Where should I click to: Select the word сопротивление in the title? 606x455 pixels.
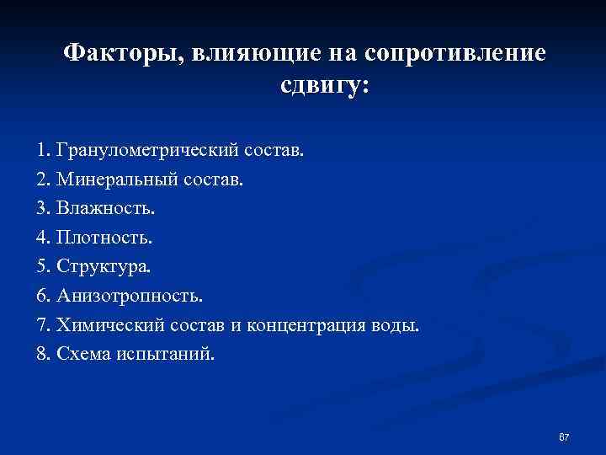pos(455,55)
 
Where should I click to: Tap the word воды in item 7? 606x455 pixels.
pos(396,325)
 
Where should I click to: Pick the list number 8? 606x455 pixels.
pos(43,354)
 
